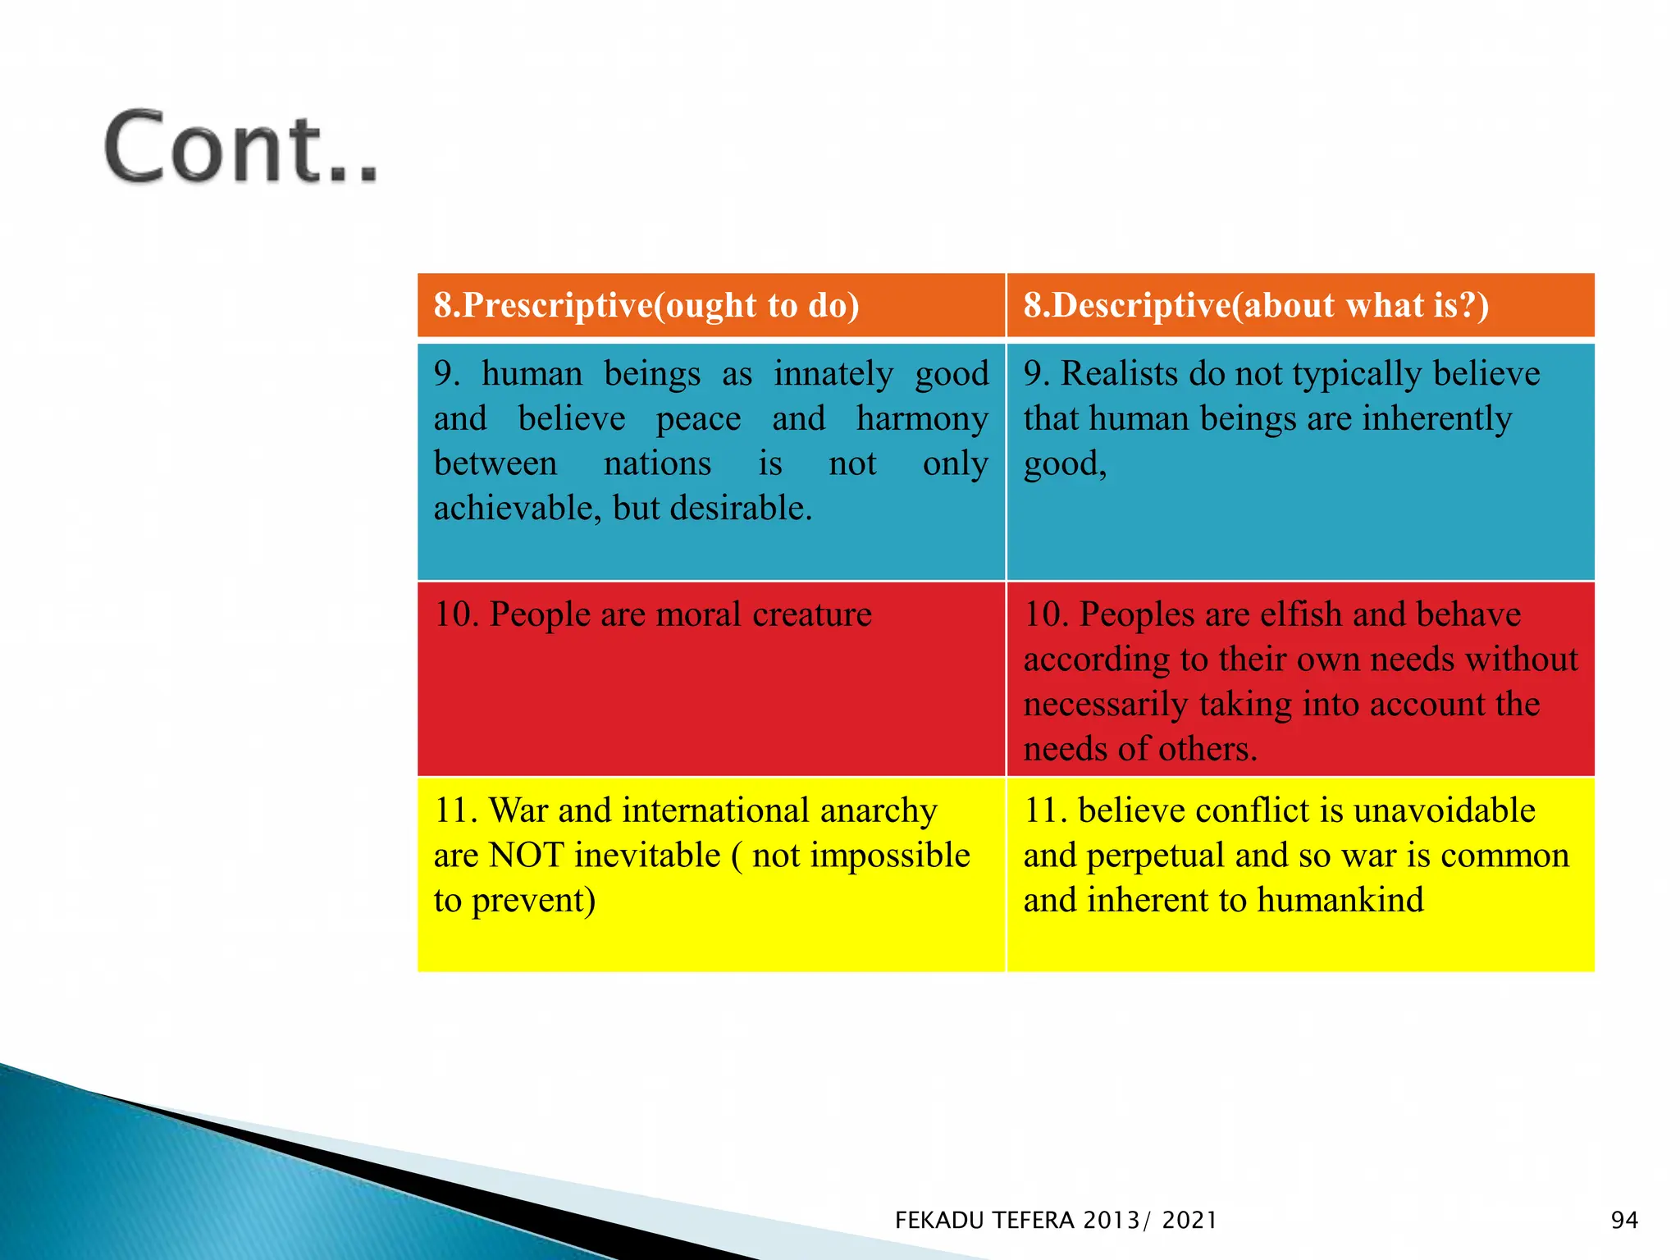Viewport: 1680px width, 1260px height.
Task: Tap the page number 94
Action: point(1623,1220)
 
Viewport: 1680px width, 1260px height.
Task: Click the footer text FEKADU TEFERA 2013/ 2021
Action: point(1056,1221)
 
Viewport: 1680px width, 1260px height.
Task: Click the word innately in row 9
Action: point(833,374)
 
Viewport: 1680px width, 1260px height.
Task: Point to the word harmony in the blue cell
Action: point(922,419)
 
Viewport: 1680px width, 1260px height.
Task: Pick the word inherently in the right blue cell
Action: point(1436,419)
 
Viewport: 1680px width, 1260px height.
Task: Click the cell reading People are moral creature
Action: point(680,614)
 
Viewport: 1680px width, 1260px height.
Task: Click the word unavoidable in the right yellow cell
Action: point(1444,810)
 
